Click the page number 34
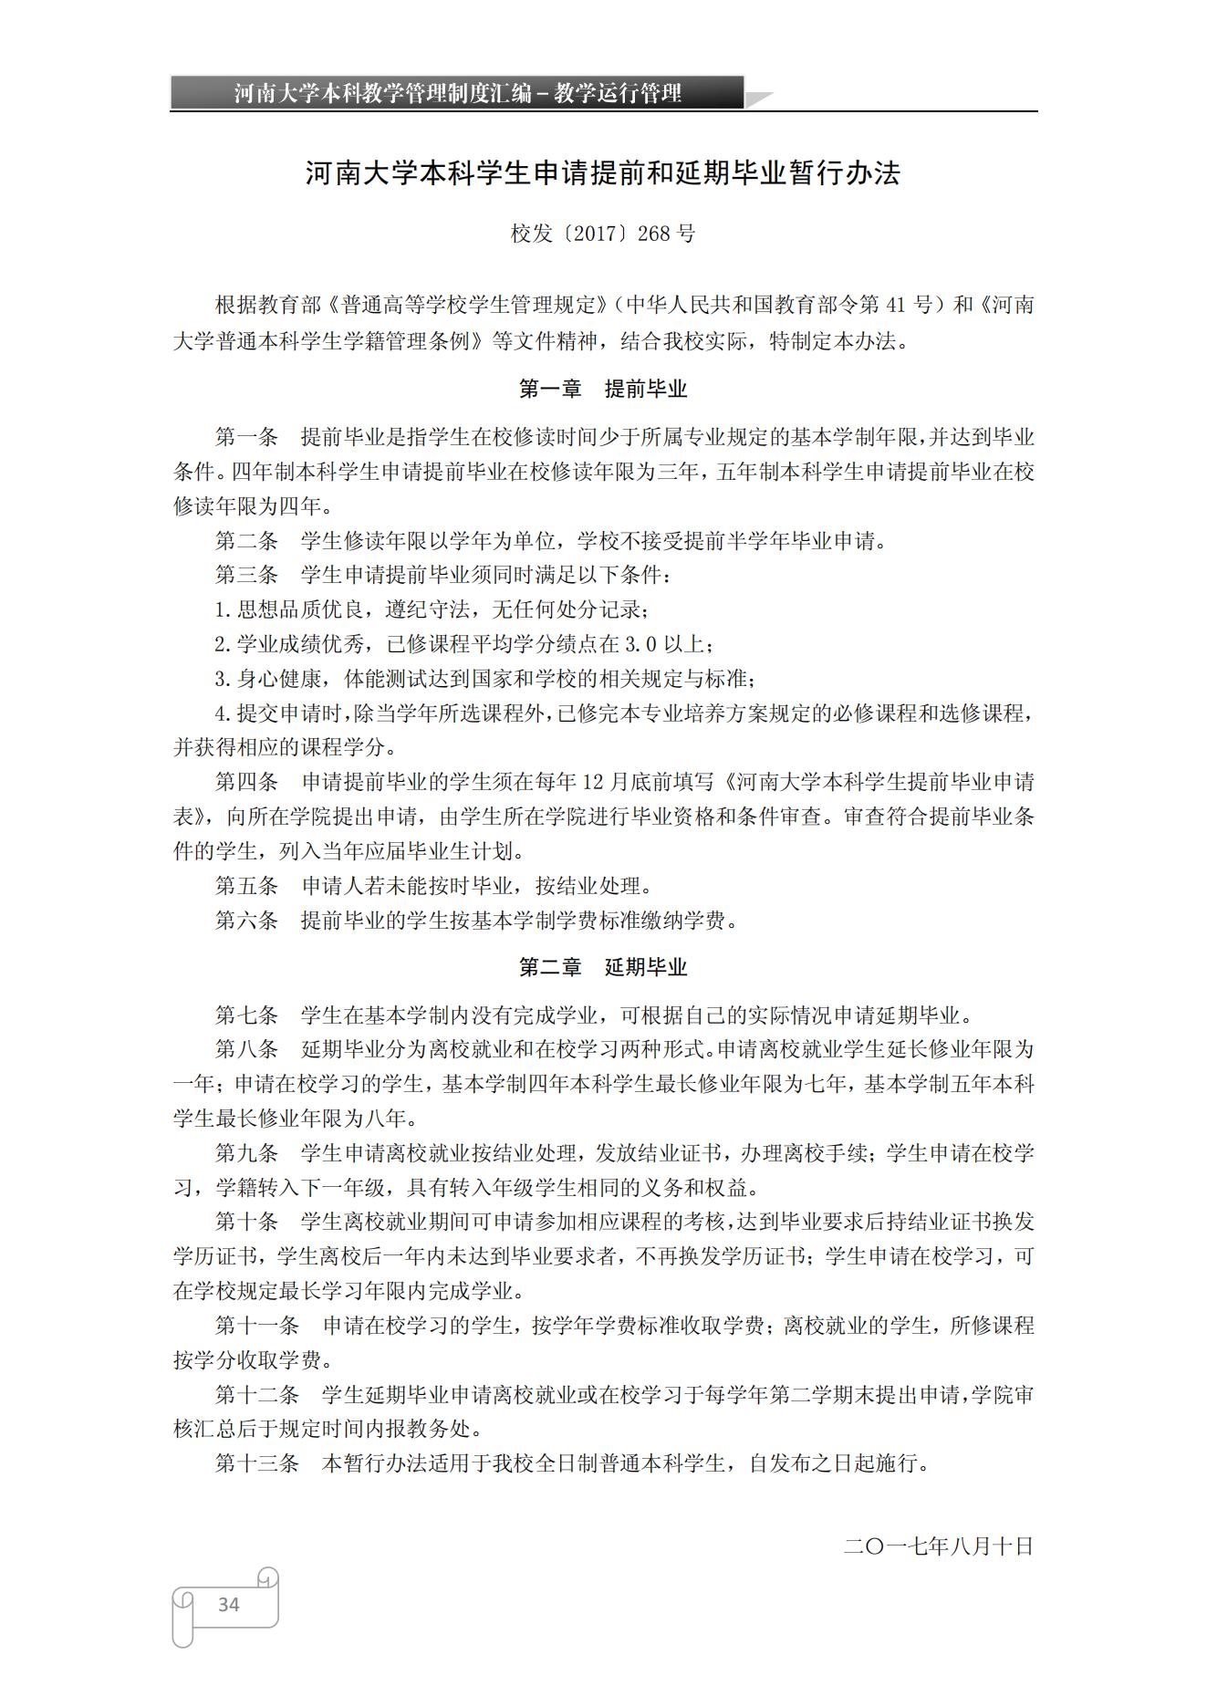point(228,1604)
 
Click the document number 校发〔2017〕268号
point(603,234)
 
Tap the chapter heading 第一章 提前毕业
point(603,390)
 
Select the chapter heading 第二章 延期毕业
point(603,968)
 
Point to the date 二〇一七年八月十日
point(939,1546)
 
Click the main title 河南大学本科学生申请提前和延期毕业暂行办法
point(603,173)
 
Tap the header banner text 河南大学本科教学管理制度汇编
point(382,93)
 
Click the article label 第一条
point(246,437)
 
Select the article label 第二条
point(246,541)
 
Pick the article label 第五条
point(246,886)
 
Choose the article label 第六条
point(246,921)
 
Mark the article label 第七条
point(246,1015)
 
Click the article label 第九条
point(246,1153)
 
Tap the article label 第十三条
point(257,1463)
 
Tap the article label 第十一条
point(257,1326)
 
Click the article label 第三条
point(246,576)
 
